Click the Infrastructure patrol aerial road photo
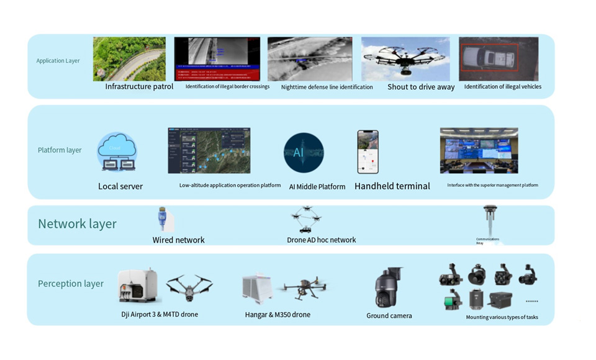129,59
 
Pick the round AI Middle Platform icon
304,152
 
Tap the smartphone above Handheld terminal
368,151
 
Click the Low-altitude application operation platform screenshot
209,151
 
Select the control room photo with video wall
478,150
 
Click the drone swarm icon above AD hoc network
306,220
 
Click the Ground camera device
389,287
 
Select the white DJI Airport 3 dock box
137,287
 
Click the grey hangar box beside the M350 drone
258,289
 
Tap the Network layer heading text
77,224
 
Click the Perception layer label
71,284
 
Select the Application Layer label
58,61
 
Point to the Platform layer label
60,150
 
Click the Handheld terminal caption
392,186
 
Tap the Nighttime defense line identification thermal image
310,59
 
